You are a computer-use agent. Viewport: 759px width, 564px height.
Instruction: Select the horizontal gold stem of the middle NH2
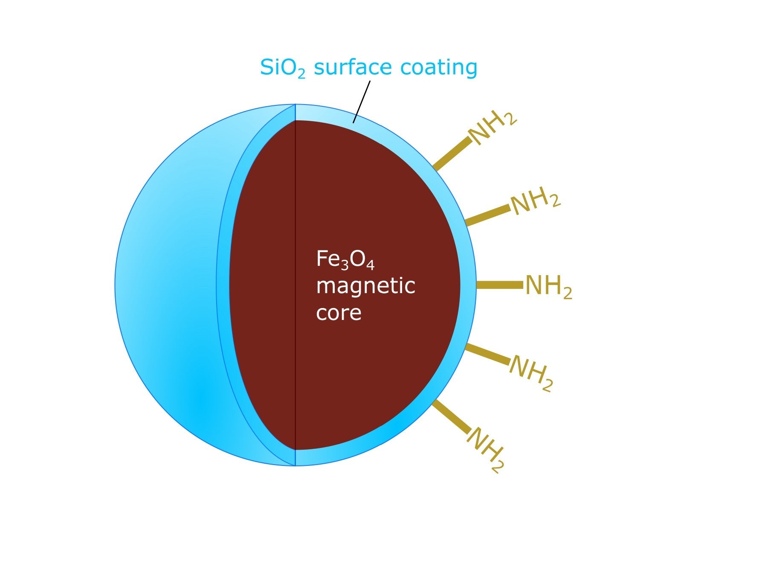(x=499, y=285)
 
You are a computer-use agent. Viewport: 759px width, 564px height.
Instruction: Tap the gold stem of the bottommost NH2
(x=451, y=416)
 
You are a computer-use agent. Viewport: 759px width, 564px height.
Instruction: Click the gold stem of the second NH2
(x=487, y=215)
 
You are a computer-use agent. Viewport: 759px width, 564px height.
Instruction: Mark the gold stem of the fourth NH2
(x=487, y=354)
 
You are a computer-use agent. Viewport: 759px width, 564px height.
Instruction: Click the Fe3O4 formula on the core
(x=345, y=259)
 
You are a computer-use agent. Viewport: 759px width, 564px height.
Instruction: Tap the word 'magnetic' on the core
(x=365, y=286)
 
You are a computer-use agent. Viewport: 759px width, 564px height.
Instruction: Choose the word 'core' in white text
(x=339, y=312)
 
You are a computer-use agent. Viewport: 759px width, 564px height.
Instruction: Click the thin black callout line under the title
(x=362, y=102)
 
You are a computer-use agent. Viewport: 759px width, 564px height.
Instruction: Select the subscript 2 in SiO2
(x=301, y=74)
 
